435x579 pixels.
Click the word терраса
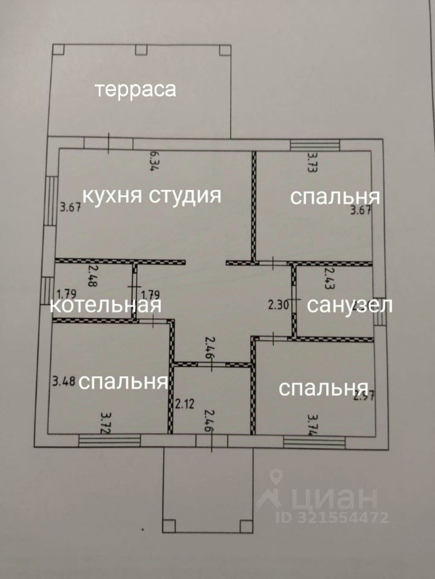(135, 90)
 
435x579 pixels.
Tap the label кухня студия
(151, 195)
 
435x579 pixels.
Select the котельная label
(106, 305)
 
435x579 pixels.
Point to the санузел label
(350, 305)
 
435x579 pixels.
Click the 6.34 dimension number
(154, 162)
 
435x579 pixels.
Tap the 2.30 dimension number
(279, 305)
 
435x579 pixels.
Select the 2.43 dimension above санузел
(329, 279)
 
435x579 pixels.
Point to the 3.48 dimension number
(63, 381)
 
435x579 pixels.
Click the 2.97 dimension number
(361, 396)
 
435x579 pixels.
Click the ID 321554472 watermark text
(332, 517)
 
